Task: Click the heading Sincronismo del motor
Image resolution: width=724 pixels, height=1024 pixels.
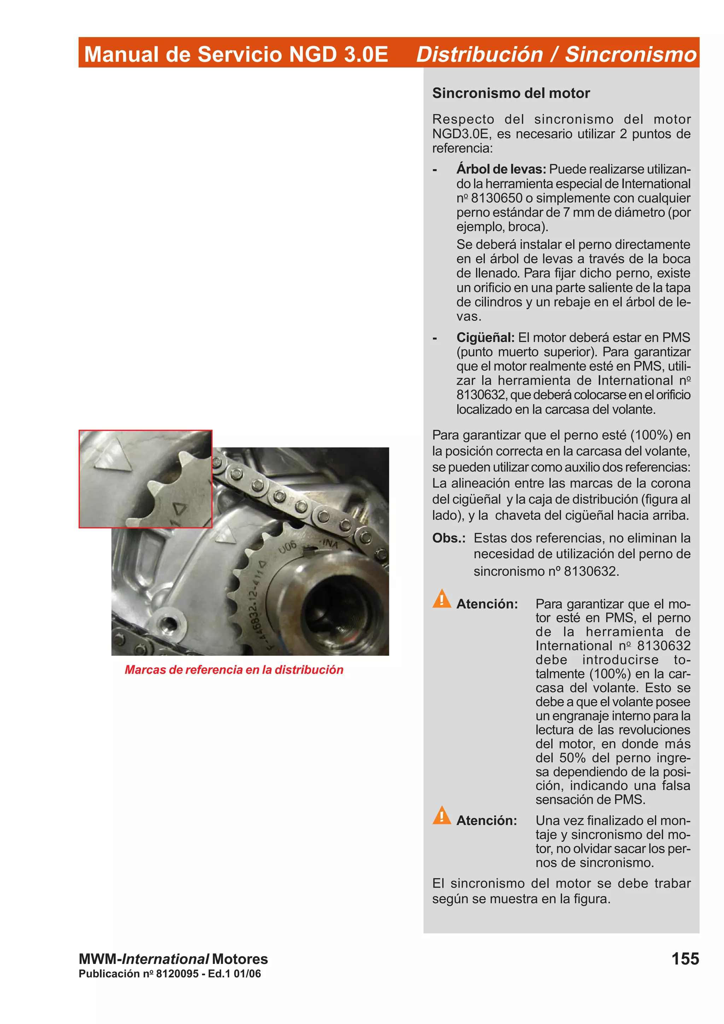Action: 511,93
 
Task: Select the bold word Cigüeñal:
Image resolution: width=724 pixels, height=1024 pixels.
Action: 485,337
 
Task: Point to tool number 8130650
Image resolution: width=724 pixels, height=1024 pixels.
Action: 496,198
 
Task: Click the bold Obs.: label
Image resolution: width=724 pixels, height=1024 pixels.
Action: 448,538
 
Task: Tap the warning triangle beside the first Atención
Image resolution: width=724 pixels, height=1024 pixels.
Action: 442,599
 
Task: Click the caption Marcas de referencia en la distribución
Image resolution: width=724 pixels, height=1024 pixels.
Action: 234,670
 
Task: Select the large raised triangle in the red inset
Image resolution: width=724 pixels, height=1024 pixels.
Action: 113,455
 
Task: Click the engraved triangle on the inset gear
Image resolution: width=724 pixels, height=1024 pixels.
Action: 180,508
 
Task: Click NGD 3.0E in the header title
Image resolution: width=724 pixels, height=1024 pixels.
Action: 338,54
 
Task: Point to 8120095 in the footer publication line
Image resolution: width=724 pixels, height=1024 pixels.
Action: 177,973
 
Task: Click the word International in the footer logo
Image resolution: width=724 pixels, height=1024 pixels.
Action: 165,959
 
